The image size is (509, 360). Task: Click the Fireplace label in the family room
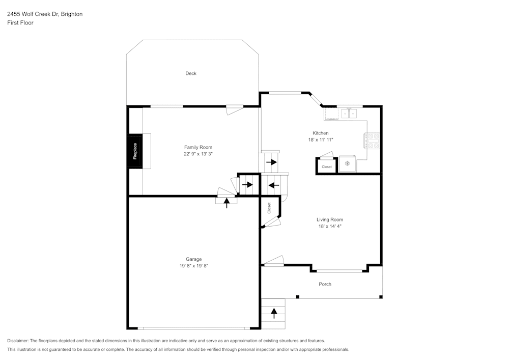pyautogui.click(x=135, y=151)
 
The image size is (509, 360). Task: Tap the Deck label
pyautogui.click(x=191, y=73)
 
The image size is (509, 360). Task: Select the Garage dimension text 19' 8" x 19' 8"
pyautogui.click(x=193, y=265)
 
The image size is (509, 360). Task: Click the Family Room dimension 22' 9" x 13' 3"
pyautogui.click(x=198, y=153)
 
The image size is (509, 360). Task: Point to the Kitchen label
pyautogui.click(x=321, y=133)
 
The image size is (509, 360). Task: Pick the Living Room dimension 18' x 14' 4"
pyautogui.click(x=329, y=226)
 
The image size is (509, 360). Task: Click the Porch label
pyautogui.click(x=325, y=284)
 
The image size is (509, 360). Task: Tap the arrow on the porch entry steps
pyautogui.click(x=274, y=313)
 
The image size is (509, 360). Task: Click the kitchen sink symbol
pyautogui.click(x=348, y=113)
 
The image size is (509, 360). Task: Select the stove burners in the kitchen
pyautogui.click(x=372, y=141)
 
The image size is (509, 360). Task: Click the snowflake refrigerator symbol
pyautogui.click(x=348, y=163)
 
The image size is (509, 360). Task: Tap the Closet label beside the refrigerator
pyautogui.click(x=326, y=167)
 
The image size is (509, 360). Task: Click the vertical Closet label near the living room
pyautogui.click(x=269, y=208)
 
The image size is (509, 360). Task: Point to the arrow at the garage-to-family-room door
pyautogui.click(x=227, y=202)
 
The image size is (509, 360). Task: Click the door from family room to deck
pyautogui.click(x=234, y=109)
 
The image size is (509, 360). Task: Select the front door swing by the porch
pyautogui.click(x=274, y=261)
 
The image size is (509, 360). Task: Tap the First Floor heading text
pyautogui.click(x=20, y=23)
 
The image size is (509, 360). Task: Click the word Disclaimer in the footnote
pyautogui.click(x=18, y=341)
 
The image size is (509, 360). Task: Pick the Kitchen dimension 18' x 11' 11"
pyautogui.click(x=321, y=140)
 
